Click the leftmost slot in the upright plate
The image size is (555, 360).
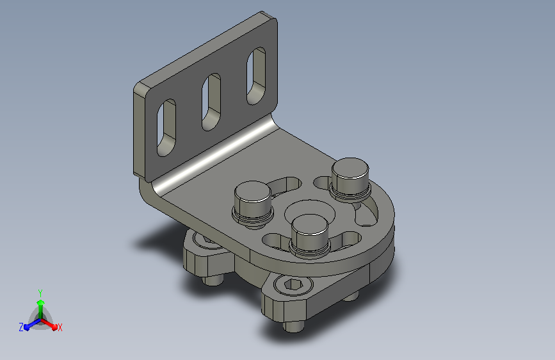click(x=166, y=128)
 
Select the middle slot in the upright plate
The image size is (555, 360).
click(x=211, y=102)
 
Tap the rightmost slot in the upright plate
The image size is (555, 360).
click(x=256, y=76)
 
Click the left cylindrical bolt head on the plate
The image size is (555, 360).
click(x=253, y=204)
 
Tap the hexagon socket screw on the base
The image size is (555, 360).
click(x=293, y=284)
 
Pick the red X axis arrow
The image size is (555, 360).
click(x=49, y=323)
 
